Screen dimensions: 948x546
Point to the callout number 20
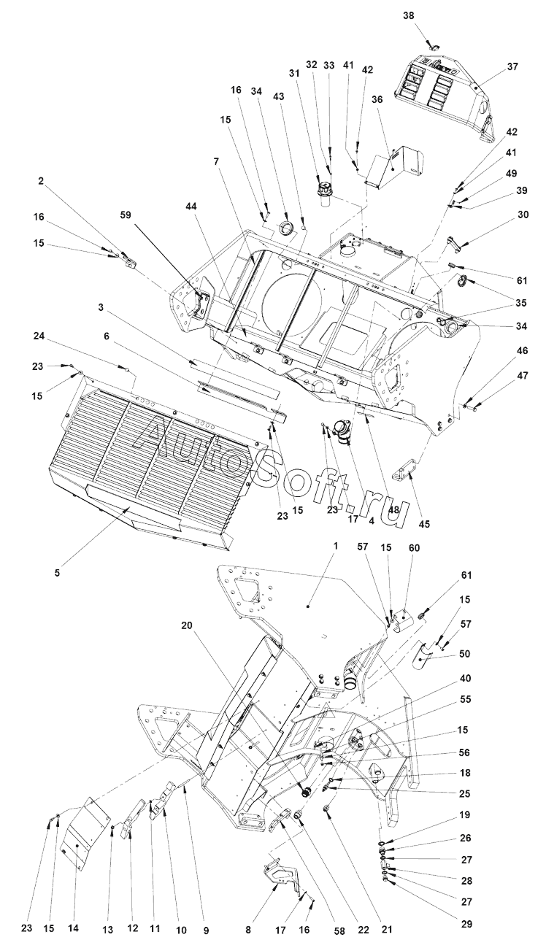[187, 625]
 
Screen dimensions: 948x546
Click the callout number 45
[424, 523]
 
